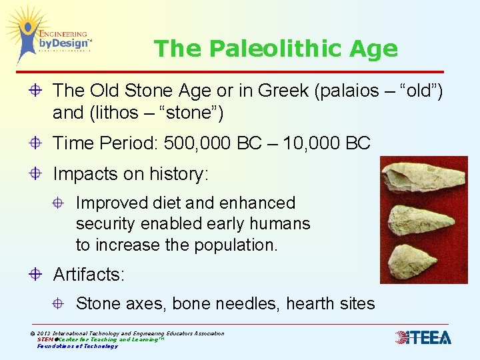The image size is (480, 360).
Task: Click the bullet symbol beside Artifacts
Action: point(37,274)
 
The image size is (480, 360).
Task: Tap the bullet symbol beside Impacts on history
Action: point(37,175)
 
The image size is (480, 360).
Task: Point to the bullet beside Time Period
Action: point(37,143)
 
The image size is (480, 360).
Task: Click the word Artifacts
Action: point(89,274)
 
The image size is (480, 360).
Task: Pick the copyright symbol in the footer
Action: point(33,333)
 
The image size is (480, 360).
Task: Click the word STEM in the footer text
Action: point(45,339)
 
